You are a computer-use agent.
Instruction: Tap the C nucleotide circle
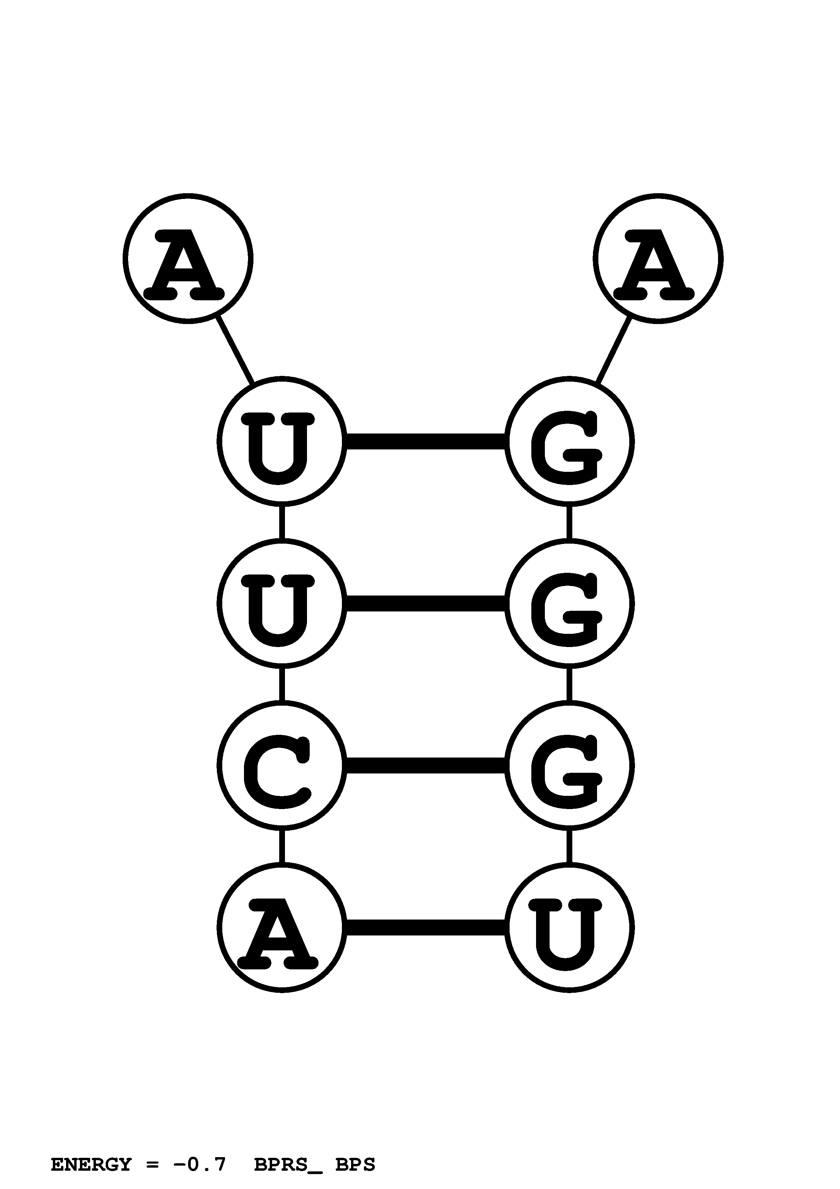point(282,765)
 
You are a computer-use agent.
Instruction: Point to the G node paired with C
point(569,765)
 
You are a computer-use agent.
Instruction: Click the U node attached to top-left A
point(282,441)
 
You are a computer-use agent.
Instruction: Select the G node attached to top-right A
point(569,441)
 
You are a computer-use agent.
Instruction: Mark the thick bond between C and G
point(426,765)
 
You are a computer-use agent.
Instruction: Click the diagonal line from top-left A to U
point(235,350)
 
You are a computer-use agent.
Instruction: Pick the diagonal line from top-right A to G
point(614,350)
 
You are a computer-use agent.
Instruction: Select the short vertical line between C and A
point(282,846)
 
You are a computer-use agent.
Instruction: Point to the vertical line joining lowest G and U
point(569,846)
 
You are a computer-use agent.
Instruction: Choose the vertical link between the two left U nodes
point(282,522)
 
